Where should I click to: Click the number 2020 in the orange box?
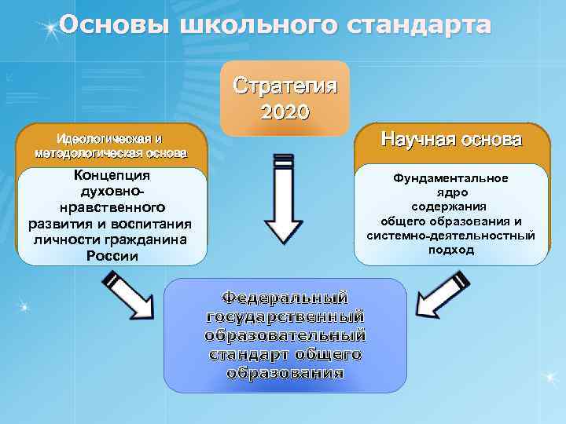point(285,111)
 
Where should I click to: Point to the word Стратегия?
point(285,85)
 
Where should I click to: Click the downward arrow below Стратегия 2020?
point(284,200)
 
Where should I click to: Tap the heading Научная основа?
point(450,141)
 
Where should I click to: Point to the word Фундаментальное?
point(451,178)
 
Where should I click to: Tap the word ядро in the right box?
point(451,192)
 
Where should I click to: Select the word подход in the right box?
point(451,250)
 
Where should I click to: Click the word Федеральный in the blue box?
point(285,298)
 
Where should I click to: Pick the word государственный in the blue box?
point(285,316)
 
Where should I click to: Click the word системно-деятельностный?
point(451,236)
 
